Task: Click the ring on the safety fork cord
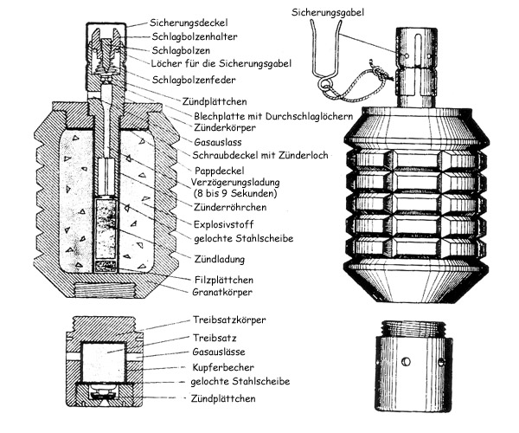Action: tap(324, 86)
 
